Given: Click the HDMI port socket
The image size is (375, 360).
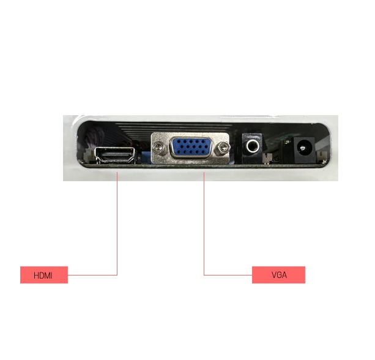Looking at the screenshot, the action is click(x=116, y=155).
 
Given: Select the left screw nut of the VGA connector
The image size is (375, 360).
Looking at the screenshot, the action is click(x=158, y=147).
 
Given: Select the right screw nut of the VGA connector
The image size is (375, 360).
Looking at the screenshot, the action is click(x=223, y=148).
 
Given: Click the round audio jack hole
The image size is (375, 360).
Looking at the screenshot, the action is click(x=253, y=146).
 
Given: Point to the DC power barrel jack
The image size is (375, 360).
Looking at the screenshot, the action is click(x=304, y=150).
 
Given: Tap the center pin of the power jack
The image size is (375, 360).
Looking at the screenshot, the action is click(x=303, y=148).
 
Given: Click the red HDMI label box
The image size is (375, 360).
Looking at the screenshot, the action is click(x=44, y=275).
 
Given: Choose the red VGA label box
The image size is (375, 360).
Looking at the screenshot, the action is click(x=278, y=275).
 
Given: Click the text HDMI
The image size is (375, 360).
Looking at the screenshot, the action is click(x=43, y=276).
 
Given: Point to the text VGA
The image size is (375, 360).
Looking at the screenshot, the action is click(x=279, y=275).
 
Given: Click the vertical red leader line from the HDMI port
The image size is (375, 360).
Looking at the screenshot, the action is click(x=117, y=223).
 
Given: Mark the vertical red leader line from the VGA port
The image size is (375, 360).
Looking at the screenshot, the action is click(x=204, y=223).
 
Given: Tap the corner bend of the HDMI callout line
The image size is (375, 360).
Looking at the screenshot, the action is click(x=117, y=275).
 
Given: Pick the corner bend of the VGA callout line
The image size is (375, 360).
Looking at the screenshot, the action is click(x=204, y=275).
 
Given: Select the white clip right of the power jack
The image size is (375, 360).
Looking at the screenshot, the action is click(x=322, y=157).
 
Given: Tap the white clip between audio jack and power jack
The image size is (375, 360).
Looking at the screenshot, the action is click(x=267, y=158).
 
